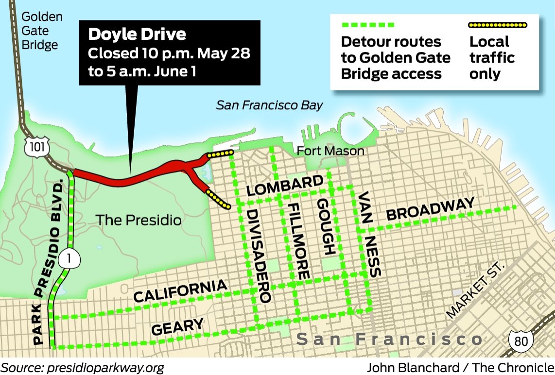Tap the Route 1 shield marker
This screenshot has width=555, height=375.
69,259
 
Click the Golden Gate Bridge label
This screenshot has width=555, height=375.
42,31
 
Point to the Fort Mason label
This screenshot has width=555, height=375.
331,151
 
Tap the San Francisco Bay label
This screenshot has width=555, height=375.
270,104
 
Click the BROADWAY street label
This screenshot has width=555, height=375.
430,209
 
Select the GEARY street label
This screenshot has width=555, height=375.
177,326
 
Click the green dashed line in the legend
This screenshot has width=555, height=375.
367,24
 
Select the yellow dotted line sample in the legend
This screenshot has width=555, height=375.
497,24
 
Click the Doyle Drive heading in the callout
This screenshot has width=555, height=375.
137,34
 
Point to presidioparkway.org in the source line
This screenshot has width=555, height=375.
105,367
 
